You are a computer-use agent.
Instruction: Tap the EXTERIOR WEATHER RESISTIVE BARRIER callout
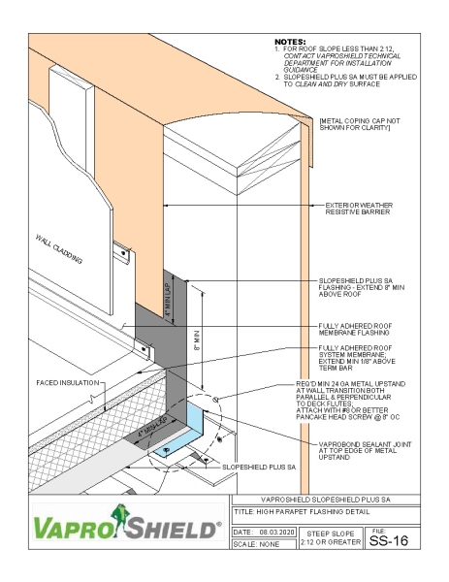[x=364, y=210]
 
